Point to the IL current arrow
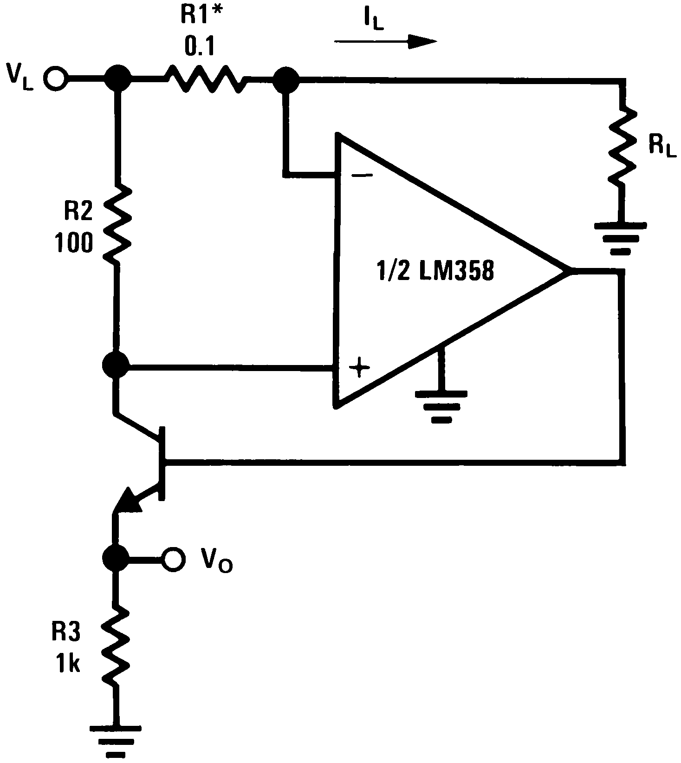(385, 42)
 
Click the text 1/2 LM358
(434, 271)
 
